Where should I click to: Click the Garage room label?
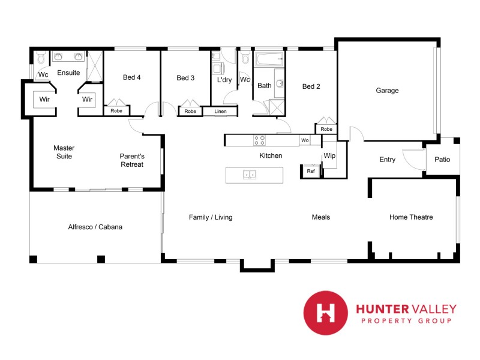pos(387,91)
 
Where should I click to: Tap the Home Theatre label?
pos(411,217)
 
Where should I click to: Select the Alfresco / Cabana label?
pos(96,227)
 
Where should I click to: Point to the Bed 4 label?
pos(132,77)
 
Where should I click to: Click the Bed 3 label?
pos(185,77)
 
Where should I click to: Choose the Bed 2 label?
pos(311,86)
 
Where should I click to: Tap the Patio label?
pos(442,160)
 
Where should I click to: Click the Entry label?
pos(388,160)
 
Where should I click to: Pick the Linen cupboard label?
pos(220,111)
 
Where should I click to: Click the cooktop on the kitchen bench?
pos(260,140)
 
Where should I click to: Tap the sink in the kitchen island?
pos(249,175)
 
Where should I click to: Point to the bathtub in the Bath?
pos(269,60)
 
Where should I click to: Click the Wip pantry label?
pos(329,155)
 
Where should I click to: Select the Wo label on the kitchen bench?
pos(305,140)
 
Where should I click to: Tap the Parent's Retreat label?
pos(131,160)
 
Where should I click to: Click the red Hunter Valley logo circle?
pos(326,312)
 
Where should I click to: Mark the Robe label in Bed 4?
pos(116,111)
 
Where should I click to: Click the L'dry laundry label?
pos(224,80)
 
